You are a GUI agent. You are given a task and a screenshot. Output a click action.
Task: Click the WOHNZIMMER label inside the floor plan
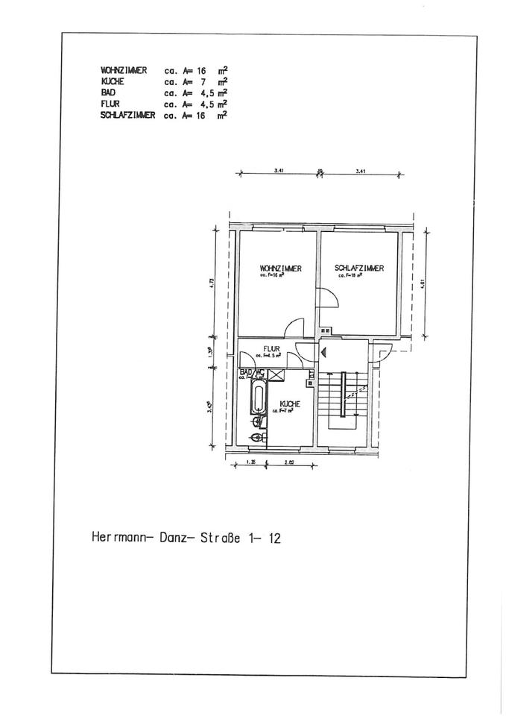click(x=281, y=268)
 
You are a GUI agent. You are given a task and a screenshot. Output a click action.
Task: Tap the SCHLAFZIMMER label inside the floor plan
click(x=359, y=268)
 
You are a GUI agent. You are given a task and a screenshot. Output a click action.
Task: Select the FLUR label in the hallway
click(x=270, y=348)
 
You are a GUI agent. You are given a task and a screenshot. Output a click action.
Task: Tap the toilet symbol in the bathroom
click(x=257, y=437)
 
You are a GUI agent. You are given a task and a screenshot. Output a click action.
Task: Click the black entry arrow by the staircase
click(x=324, y=347)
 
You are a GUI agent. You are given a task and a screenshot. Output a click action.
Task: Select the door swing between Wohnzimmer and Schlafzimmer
click(x=329, y=298)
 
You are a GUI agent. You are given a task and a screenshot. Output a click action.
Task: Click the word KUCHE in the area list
click(x=113, y=81)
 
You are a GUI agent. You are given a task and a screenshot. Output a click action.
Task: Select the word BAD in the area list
click(x=107, y=92)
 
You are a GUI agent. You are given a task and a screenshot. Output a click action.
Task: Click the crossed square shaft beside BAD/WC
click(x=275, y=374)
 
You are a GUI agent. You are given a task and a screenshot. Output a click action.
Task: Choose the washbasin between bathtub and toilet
click(x=257, y=422)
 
